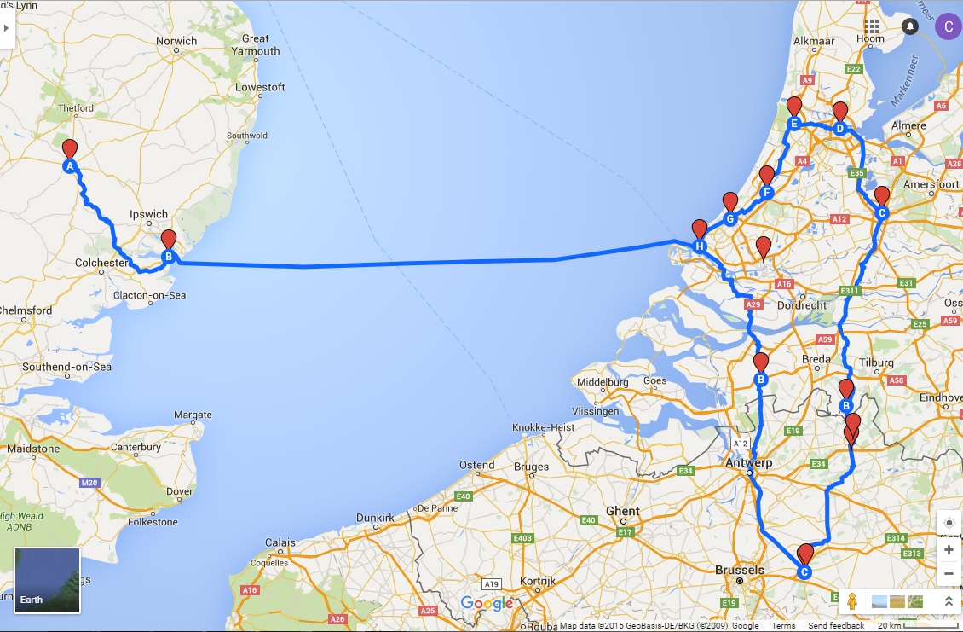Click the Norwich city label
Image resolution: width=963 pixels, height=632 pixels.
[x=176, y=40]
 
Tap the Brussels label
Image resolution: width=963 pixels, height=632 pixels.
[x=740, y=570]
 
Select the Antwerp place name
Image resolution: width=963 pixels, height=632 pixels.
[x=748, y=462]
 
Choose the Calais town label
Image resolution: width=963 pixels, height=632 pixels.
[x=280, y=542]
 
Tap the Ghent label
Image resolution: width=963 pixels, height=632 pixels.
[x=622, y=511]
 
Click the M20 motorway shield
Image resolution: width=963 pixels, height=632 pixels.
[x=89, y=483]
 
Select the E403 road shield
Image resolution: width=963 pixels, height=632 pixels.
[x=523, y=538]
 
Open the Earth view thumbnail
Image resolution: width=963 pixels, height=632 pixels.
[x=48, y=580]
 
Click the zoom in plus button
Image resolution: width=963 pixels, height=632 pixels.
[x=949, y=550]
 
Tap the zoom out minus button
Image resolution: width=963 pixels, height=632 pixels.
[x=949, y=573]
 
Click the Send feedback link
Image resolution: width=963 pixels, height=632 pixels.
[x=835, y=626]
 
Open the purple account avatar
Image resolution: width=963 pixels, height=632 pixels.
[x=947, y=26]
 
